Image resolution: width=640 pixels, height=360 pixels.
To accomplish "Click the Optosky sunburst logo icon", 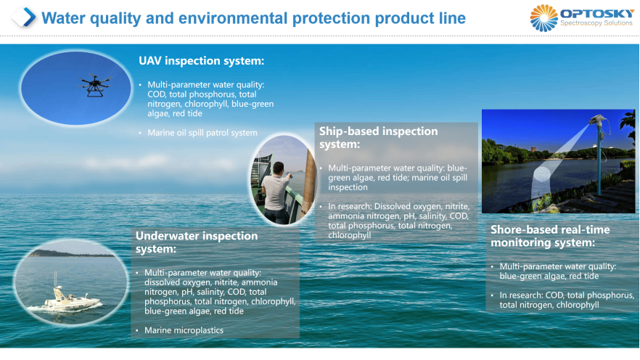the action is (x=543, y=18).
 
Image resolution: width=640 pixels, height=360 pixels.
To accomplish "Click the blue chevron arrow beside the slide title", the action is (x=29, y=17).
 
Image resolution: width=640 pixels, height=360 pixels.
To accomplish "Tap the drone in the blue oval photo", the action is (x=95, y=85).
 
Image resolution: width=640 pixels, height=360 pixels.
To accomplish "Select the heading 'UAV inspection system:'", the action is (x=201, y=61).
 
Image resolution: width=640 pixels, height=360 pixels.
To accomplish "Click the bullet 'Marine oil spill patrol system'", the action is (x=202, y=133).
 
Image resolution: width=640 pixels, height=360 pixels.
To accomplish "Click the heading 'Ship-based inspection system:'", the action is (x=378, y=138).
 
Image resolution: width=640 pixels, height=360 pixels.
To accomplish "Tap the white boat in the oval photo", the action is (x=70, y=296).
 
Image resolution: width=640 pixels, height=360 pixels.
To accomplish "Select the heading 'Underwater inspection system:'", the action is (x=197, y=242).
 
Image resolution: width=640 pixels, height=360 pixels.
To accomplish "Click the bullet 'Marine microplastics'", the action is (x=184, y=330).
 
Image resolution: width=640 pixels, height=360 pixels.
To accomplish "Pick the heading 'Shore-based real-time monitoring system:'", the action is (x=550, y=236).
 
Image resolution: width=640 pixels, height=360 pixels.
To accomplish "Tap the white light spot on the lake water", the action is (x=541, y=174).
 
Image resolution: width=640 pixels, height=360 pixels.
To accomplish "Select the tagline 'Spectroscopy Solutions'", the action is (x=596, y=23).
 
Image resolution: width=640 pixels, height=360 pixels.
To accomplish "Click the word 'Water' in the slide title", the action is (x=63, y=18).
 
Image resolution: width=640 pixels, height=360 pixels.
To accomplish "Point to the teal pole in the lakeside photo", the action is (x=599, y=159).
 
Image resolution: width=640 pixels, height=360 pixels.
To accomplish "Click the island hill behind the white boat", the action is (x=70, y=253).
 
